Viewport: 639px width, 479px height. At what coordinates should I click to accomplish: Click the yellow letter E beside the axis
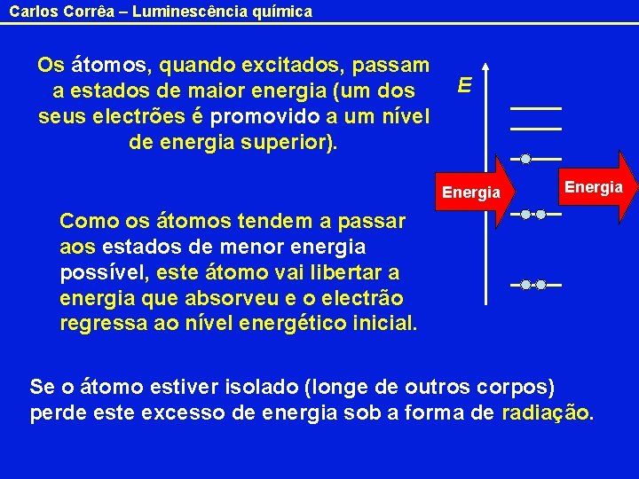(x=465, y=85)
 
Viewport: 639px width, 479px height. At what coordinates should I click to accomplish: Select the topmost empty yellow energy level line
(x=536, y=108)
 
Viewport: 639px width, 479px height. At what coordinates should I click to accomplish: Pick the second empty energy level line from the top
(x=536, y=130)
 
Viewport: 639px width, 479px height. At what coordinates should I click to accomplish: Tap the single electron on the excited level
(x=525, y=160)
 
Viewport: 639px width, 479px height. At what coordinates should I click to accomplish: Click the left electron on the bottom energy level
(x=525, y=285)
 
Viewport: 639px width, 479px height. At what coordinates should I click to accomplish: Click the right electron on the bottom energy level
(x=540, y=285)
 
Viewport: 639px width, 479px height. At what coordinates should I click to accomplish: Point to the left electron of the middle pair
(x=525, y=214)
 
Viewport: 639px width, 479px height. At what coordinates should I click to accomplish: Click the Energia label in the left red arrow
(x=471, y=192)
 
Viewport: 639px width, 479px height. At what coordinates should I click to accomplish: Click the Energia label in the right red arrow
(x=593, y=186)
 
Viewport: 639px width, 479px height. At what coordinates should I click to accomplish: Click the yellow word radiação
(x=545, y=412)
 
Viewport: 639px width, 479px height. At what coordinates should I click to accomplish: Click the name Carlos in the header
(x=31, y=12)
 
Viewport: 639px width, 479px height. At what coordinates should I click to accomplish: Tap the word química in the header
(x=282, y=12)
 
